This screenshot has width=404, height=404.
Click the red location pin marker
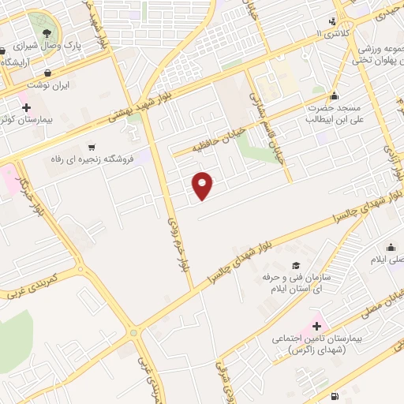pos(204,185)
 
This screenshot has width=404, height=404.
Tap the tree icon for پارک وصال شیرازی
pos(47,33)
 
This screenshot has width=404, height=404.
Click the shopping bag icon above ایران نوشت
pos(48,73)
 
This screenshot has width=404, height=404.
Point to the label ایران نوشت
pos(55,84)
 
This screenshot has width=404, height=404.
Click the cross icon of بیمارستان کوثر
pos(26,107)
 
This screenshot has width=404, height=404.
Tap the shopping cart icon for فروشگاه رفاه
pos(92,147)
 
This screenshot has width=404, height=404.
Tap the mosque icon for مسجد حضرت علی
pos(336,95)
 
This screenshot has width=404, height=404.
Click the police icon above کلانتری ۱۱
pos(332,21)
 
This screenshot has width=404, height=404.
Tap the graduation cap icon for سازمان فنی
pos(296,266)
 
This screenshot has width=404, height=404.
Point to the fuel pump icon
pos(337,395)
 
